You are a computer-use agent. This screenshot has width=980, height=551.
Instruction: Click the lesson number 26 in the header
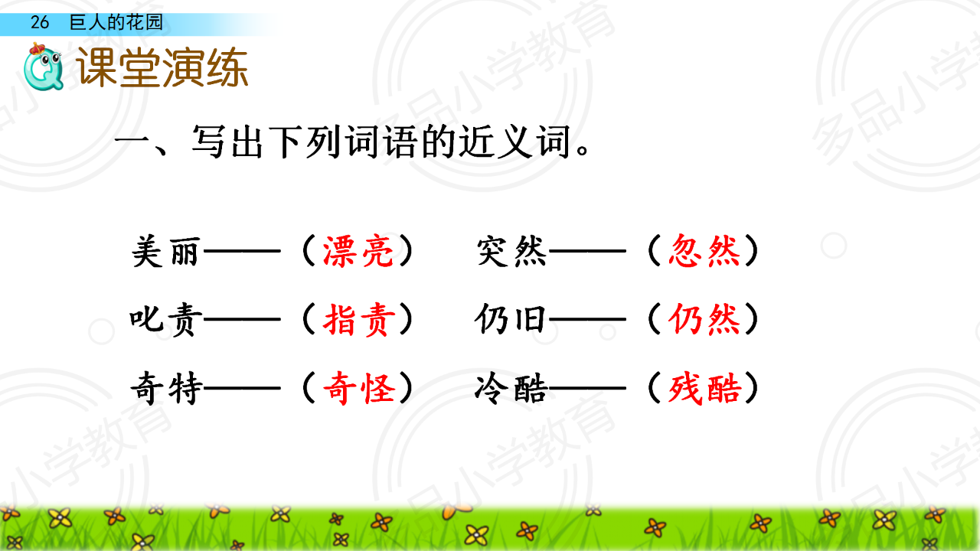(x=39, y=22)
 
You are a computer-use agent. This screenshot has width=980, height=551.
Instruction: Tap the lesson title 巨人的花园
(x=116, y=22)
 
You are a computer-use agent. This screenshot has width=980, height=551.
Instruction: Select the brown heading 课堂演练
(x=162, y=67)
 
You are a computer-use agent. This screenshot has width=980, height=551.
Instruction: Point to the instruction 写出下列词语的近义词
(x=381, y=142)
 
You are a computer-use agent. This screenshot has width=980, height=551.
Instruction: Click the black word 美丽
(x=166, y=251)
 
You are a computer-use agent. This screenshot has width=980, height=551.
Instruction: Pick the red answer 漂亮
(x=358, y=251)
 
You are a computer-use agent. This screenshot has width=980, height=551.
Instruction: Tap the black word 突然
(x=511, y=251)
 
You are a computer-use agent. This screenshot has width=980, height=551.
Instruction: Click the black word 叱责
(x=166, y=320)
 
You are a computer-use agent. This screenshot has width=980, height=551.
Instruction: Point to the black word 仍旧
(x=510, y=319)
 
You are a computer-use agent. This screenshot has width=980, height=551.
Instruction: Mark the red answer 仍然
(x=704, y=319)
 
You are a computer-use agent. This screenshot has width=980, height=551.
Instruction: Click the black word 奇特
(x=167, y=388)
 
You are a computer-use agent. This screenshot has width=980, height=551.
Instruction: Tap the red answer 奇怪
(x=359, y=388)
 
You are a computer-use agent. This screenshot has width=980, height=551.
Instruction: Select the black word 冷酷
(x=511, y=388)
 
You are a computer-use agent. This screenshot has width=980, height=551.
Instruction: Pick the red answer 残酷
(x=704, y=388)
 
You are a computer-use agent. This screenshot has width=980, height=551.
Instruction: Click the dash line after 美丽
(x=242, y=251)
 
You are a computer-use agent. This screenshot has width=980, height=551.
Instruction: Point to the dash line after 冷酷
(x=587, y=388)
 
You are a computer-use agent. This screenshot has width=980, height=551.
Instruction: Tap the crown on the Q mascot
(x=38, y=49)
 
